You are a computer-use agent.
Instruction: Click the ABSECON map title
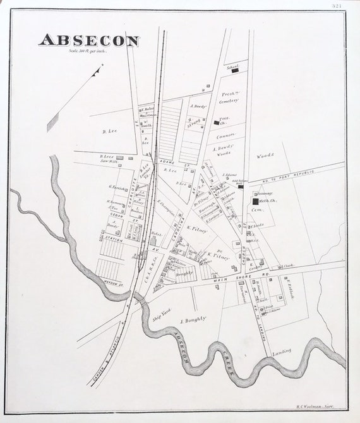tap(89, 40)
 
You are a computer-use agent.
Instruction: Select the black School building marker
tap(234, 71)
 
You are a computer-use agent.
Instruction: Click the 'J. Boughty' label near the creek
tap(193, 320)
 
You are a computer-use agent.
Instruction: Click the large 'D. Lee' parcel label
tap(111, 132)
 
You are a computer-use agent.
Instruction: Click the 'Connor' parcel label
tap(225, 134)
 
